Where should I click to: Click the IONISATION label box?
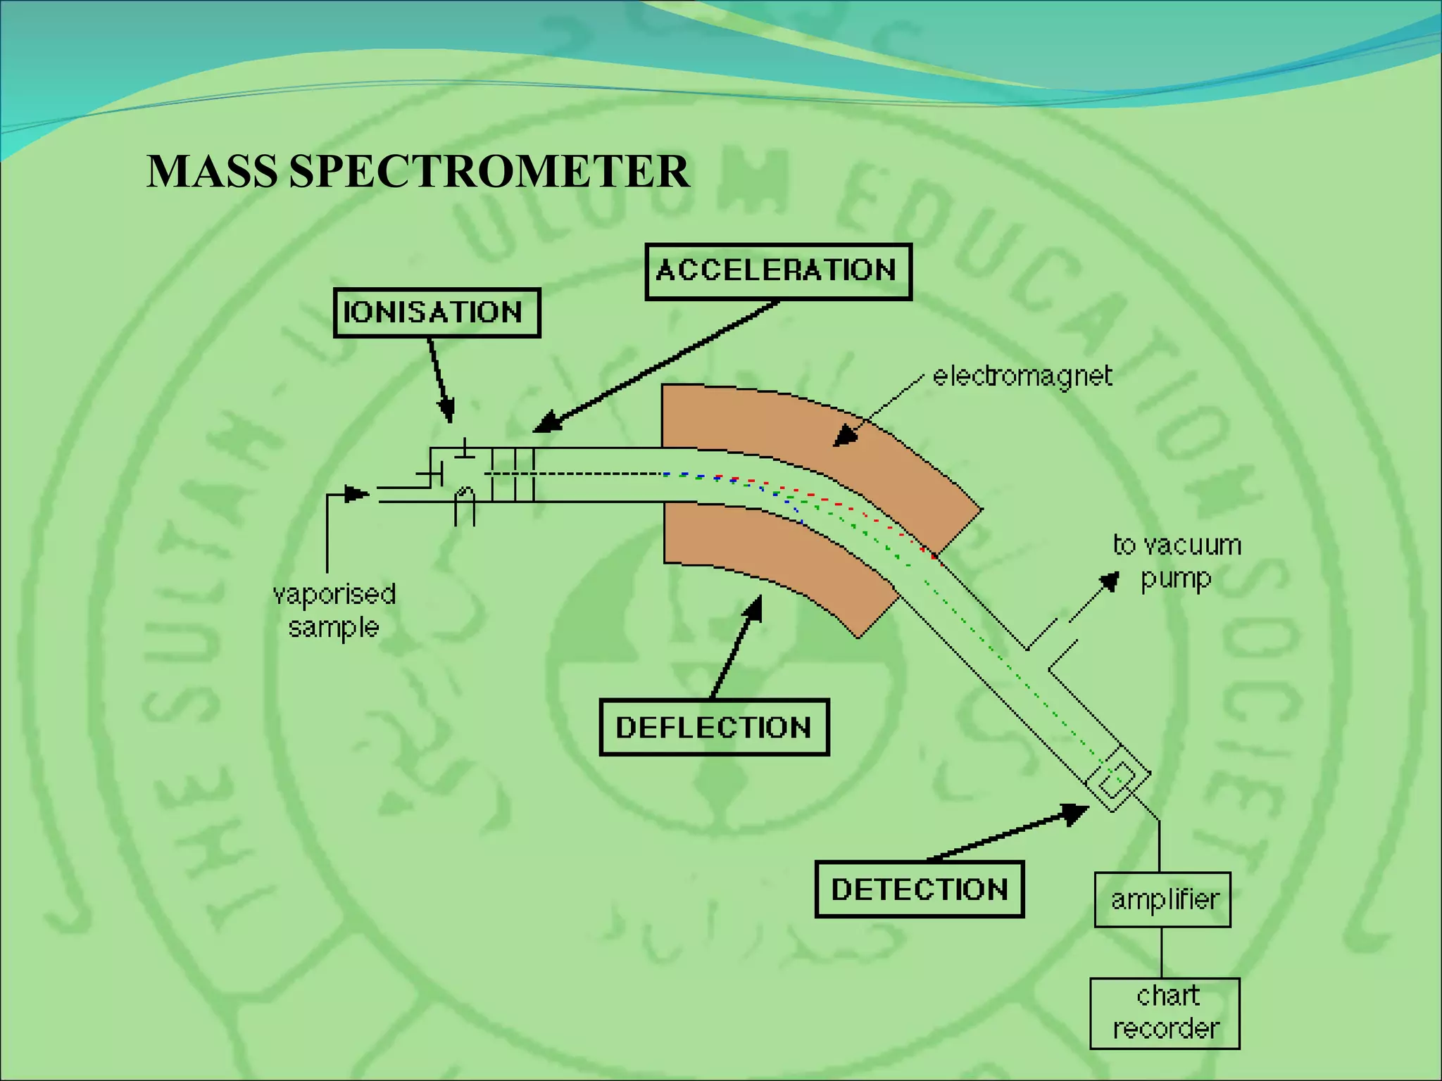(x=437, y=312)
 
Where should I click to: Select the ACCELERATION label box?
(x=778, y=272)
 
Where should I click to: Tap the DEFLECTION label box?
(x=714, y=727)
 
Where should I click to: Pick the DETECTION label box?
(x=919, y=889)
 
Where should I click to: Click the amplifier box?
(x=1162, y=899)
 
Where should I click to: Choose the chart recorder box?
(x=1165, y=1013)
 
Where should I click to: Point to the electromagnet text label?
(x=1022, y=376)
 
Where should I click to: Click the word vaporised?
(x=334, y=594)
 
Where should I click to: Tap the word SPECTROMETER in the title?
(x=489, y=171)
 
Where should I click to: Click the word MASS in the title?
(x=212, y=171)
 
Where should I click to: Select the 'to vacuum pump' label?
(x=1176, y=562)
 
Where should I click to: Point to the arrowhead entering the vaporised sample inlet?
(x=358, y=494)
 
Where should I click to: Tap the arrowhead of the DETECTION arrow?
(x=1075, y=814)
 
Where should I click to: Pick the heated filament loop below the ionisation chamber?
(x=465, y=503)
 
